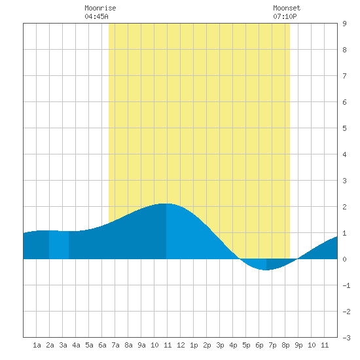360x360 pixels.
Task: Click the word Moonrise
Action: (100, 8)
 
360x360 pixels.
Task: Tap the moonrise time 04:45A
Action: (96, 16)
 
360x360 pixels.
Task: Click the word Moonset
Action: (287, 8)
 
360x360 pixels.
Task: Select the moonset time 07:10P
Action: (285, 16)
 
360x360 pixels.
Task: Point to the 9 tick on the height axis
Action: (344, 24)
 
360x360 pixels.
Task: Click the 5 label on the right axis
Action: (344, 128)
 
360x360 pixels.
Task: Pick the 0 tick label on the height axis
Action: (344, 259)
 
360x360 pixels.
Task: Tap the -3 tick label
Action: (346, 338)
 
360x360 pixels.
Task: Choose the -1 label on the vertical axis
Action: (346, 285)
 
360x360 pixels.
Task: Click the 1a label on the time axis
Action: (37, 345)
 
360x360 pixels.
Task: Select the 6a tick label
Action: (102, 345)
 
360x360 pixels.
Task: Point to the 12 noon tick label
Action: (181, 345)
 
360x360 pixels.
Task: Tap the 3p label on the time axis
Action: (220, 345)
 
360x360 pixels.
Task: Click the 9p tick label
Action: (298, 345)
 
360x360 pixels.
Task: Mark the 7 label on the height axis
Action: (344, 76)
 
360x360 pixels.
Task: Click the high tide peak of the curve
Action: (166, 204)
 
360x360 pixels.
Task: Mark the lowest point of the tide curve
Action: (266, 270)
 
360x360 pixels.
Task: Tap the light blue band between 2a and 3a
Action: (59, 245)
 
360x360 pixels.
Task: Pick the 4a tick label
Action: (76, 345)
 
